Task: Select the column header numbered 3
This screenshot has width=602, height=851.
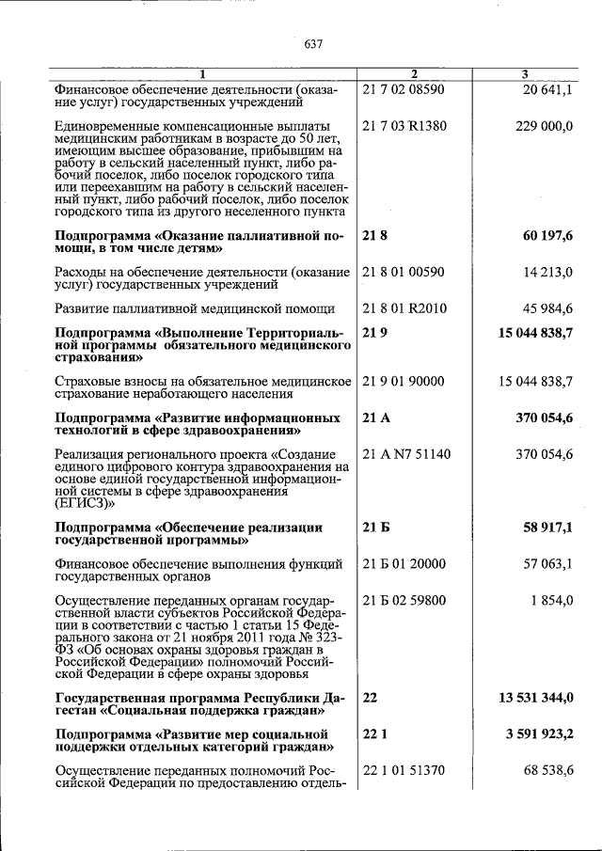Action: tap(525, 74)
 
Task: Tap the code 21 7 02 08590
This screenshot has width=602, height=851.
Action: tap(403, 89)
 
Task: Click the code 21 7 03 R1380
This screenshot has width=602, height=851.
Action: tap(403, 125)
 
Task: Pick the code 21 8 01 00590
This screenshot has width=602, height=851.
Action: tap(403, 272)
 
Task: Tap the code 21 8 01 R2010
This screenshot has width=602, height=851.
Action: tap(404, 308)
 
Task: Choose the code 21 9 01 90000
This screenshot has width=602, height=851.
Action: tap(404, 381)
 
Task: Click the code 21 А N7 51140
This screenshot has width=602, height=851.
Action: tap(406, 454)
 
